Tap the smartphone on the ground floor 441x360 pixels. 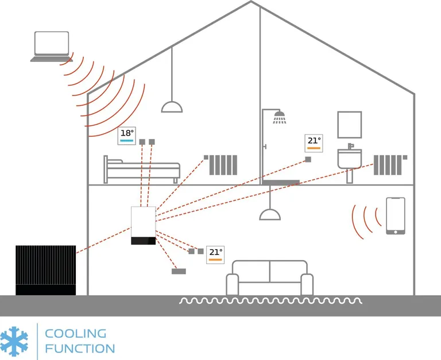[395, 216]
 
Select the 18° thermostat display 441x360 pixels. [127, 136]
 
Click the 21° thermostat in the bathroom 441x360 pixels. [314, 143]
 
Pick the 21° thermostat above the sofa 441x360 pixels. [215, 254]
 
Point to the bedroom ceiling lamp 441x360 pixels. [172, 106]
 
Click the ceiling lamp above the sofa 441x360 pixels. [270, 214]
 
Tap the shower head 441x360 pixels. [280, 119]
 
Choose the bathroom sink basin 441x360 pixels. [349, 158]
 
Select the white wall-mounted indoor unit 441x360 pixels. [144, 226]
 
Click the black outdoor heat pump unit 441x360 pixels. [45, 270]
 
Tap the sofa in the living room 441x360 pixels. [269, 278]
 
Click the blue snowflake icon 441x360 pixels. [14, 340]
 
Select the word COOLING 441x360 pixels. [75, 334]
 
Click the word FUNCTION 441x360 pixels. [80, 348]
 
